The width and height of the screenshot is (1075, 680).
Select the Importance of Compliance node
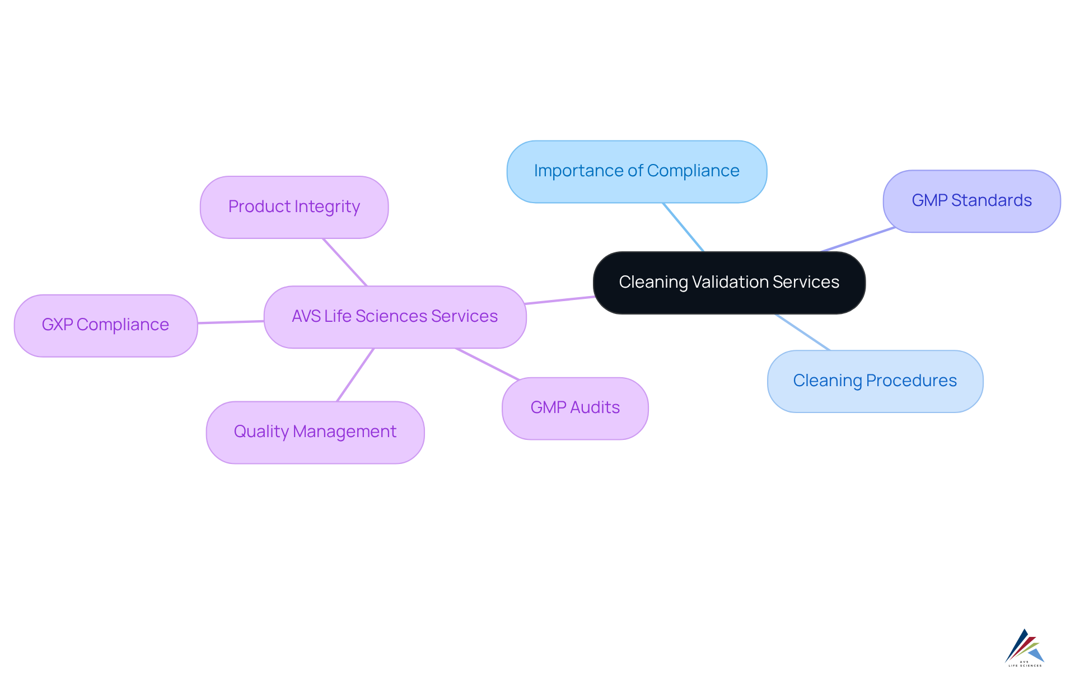(x=637, y=171)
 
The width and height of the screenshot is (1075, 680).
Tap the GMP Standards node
(x=971, y=201)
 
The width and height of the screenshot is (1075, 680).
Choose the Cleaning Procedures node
(x=875, y=381)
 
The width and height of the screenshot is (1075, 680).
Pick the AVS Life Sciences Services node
(x=395, y=317)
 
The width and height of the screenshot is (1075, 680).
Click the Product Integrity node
(x=294, y=207)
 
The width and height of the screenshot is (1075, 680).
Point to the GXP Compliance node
(x=105, y=325)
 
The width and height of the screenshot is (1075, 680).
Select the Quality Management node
(x=315, y=432)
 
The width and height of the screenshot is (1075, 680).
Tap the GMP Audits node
(x=575, y=408)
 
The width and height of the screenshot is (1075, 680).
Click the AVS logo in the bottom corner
(x=1025, y=648)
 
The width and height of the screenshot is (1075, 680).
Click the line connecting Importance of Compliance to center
(x=683, y=227)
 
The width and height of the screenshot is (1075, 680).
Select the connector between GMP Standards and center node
(x=858, y=240)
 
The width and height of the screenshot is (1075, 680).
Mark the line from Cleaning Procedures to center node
(x=802, y=332)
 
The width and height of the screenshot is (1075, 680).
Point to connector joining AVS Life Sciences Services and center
(x=560, y=300)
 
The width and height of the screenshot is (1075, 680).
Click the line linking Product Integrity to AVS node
(x=345, y=262)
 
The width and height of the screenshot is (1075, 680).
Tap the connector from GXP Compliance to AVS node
(x=231, y=322)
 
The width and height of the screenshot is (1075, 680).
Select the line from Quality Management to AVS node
(x=356, y=374)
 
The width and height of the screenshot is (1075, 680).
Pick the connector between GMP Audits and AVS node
(x=487, y=364)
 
